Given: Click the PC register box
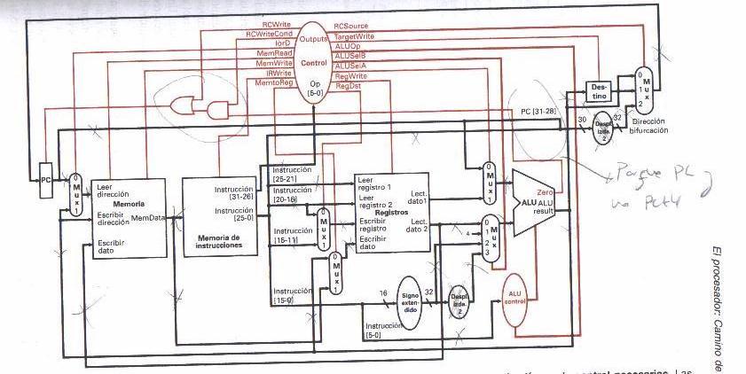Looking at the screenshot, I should click(46, 180).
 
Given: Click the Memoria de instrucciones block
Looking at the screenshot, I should click(218, 217).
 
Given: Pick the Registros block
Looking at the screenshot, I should click(391, 213).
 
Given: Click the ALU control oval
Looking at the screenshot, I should click(514, 299).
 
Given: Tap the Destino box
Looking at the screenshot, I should click(600, 90).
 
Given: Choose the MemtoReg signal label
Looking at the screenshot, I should click(273, 82).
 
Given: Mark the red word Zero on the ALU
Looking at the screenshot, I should click(546, 191).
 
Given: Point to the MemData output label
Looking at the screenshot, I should click(148, 216).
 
